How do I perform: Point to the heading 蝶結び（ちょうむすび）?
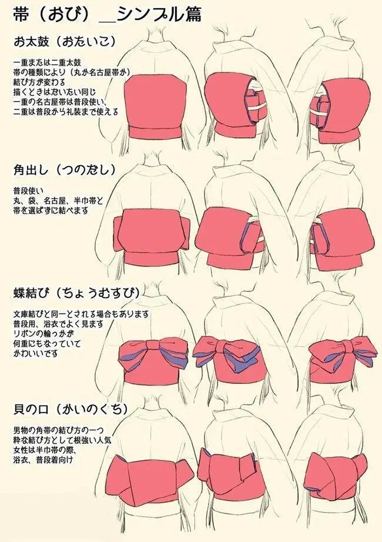pos(77,293)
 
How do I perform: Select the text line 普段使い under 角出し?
pos(27,191)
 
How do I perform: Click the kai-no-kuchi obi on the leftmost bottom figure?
pos(154,476)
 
